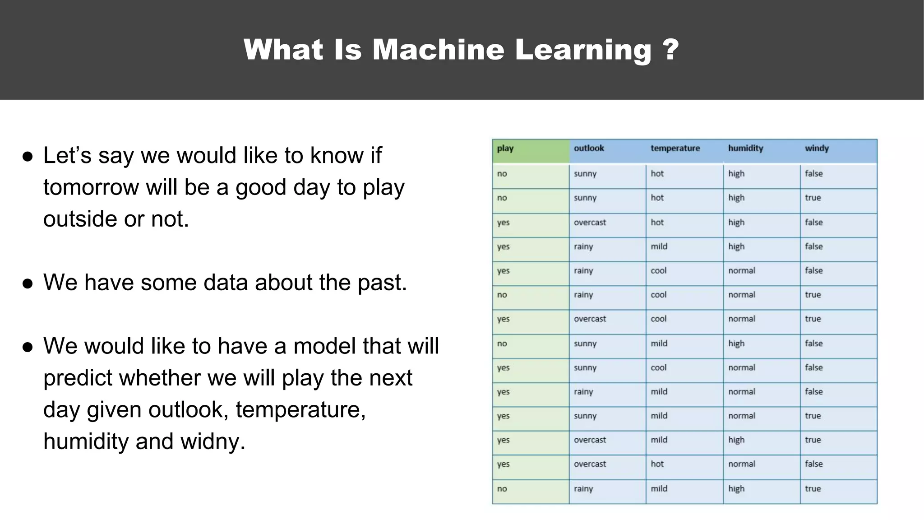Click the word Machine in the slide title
[438, 49]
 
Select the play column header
[505, 149]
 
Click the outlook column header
[589, 149]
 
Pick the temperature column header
[675, 149]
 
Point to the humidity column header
[745, 149]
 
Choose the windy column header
[817, 149]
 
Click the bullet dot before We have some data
[28, 283]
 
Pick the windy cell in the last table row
[813, 489]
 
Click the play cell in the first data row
[502, 174]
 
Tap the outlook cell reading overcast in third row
[590, 223]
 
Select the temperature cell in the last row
[659, 489]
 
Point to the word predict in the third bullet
[78, 378]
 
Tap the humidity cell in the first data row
[736, 174]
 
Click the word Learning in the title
[583, 49]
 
